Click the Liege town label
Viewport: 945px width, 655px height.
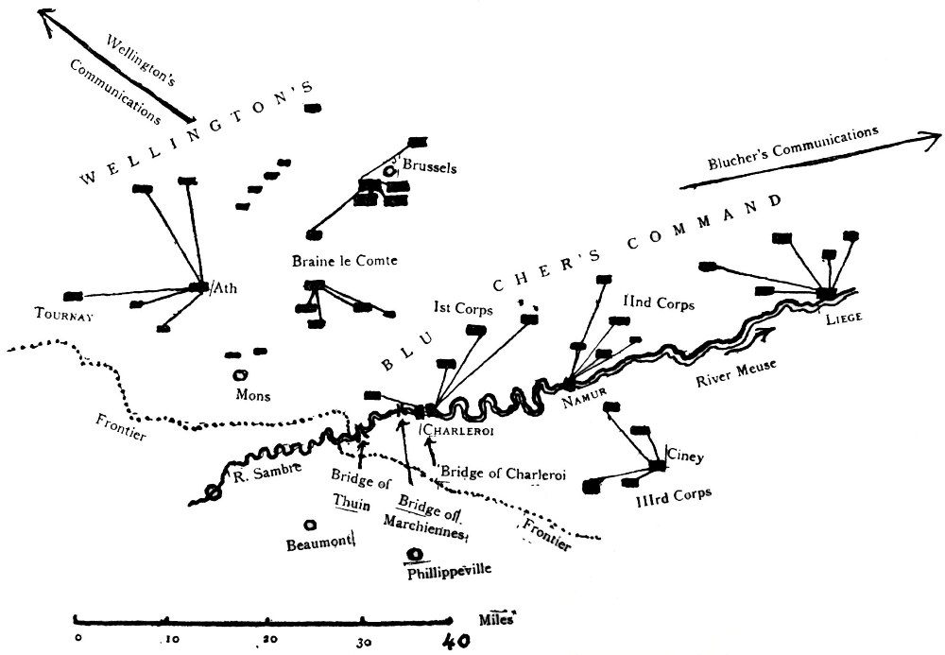(843, 318)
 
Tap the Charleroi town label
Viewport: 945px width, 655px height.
(459, 430)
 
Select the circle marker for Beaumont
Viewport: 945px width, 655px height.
(309, 526)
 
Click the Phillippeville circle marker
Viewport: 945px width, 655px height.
(413, 555)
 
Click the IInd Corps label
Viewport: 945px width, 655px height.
(659, 305)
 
